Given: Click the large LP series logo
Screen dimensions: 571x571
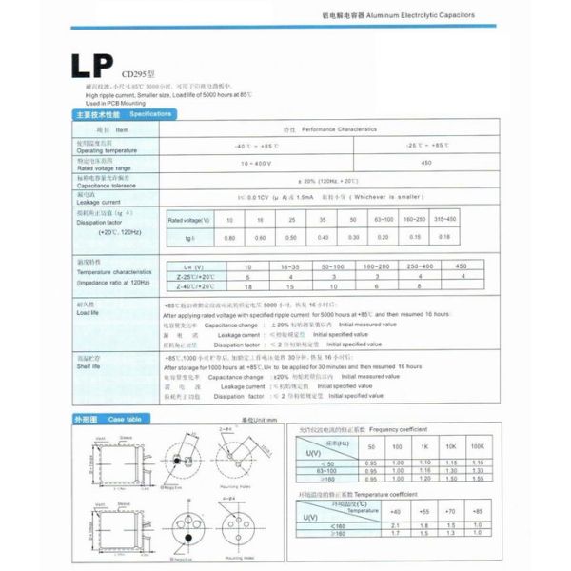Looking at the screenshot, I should pyautogui.click(x=92, y=68).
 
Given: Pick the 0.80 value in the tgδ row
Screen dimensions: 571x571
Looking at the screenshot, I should pyautogui.click(x=228, y=236).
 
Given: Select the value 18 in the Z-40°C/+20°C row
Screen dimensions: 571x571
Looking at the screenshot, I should pyautogui.click(x=248, y=285).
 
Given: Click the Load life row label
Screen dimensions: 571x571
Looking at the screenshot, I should pyautogui.click(x=89, y=312).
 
